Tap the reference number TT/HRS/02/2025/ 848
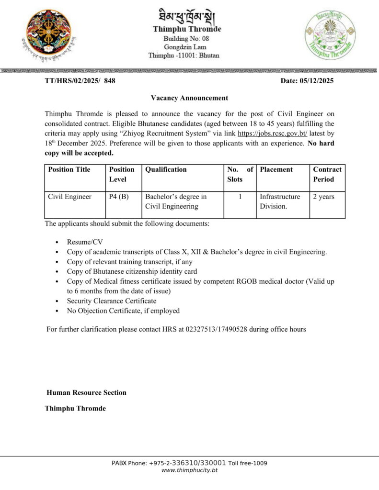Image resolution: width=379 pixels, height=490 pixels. (x=80, y=81)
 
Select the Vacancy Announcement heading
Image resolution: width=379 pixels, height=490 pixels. (x=189, y=98)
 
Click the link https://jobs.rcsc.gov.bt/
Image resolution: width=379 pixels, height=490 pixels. (x=272, y=134)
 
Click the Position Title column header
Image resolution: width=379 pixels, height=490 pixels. (x=69, y=169)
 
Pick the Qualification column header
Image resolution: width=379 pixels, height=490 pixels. (x=166, y=169)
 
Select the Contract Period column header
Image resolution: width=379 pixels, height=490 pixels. (x=327, y=174)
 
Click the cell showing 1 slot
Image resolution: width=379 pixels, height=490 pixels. (x=240, y=197)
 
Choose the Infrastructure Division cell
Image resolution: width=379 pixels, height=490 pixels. (x=280, y=201)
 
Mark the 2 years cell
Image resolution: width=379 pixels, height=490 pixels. (x=324, y=197)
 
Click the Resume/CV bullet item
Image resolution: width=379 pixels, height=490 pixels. (x=85, y=242)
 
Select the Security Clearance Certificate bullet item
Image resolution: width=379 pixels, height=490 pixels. (x=112, y=301)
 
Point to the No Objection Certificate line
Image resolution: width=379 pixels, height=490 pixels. (x=123, y=311)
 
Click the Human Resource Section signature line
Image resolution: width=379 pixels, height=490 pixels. (x=86, y=393)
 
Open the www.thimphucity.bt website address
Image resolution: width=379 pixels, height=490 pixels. (x=190, y=470)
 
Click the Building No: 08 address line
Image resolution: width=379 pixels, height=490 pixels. (x=186, y=38)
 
